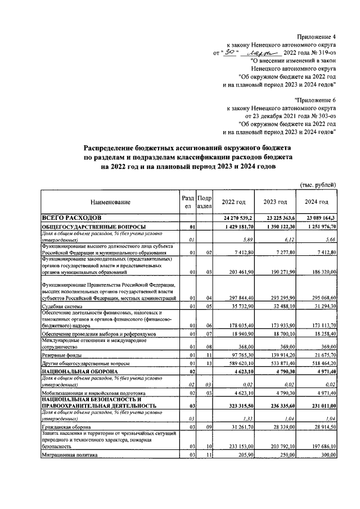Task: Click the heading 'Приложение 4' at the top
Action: pyautogui.click(x=317, y=35)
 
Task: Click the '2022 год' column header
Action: pyautogui.click(x=233, y=202)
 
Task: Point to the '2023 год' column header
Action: pyautogui.click(x=276, y=202)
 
